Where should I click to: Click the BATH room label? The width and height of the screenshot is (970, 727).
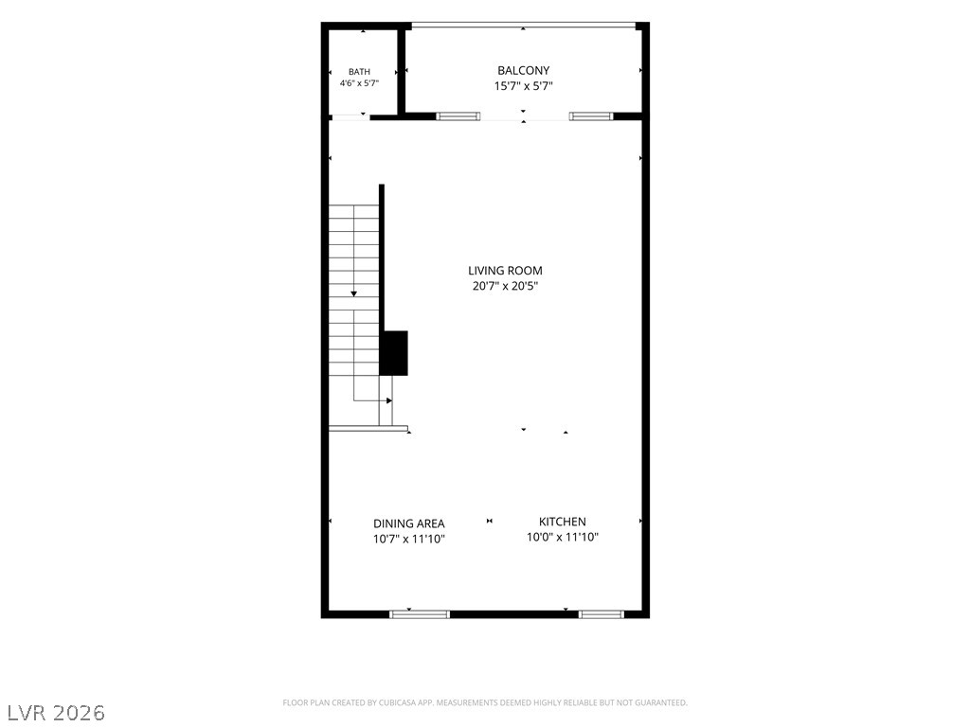(359, 72)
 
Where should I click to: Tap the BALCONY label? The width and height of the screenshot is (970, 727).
(523, 70)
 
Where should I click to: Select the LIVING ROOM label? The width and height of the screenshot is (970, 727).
(505, 270)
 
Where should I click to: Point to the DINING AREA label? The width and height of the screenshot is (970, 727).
(408, 523)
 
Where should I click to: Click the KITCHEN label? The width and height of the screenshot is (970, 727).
(563, 522)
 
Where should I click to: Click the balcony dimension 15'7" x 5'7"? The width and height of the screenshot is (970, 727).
(523, 86)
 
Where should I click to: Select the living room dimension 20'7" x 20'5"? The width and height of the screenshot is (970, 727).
(506, 286)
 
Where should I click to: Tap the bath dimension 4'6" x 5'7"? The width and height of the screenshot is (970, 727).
(359, 83)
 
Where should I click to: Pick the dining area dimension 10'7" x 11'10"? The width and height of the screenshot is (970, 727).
(408, 539)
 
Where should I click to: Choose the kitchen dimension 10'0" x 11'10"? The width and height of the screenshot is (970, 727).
(563, 537)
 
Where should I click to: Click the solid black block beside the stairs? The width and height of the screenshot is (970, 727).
(393, 353)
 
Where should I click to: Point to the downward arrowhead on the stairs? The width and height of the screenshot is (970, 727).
(354, 293)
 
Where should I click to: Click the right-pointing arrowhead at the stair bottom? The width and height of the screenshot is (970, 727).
(389, 400)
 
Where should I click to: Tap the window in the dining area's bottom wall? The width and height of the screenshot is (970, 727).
(420, 613)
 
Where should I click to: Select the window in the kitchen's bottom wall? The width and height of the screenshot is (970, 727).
(602, 613)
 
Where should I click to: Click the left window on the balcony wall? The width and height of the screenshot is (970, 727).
(458, 115)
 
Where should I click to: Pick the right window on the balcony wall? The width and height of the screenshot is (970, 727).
(591, 115)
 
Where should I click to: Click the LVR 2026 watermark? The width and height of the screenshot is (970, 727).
(53, 712)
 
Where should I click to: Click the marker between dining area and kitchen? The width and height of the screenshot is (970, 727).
(490, 522)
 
